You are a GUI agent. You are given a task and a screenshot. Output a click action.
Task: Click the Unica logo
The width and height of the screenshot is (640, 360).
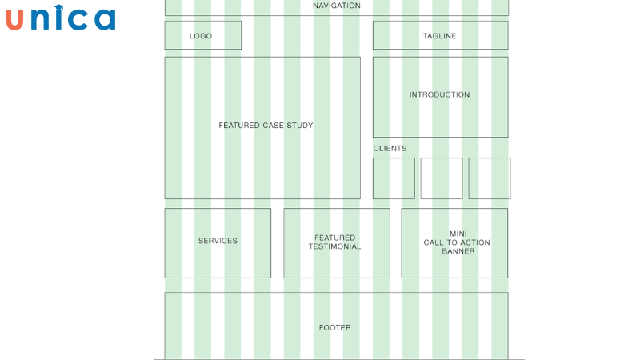click(60, 18)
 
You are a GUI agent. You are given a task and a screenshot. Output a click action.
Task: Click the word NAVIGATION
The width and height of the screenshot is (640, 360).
click(336, 6)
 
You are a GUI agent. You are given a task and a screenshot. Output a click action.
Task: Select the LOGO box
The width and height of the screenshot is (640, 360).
click(202, 35)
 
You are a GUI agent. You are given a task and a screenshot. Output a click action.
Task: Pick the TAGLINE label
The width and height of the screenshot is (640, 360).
click(439, 36)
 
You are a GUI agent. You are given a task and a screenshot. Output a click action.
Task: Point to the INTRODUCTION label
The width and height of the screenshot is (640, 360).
click(439, 94)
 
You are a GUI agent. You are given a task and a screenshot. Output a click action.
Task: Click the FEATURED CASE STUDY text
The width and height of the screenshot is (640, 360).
click(266, 126)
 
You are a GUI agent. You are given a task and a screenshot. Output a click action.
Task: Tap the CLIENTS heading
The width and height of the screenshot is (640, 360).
click(390, 149)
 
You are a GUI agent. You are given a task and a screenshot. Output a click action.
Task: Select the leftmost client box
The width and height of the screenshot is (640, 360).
click(394, 178)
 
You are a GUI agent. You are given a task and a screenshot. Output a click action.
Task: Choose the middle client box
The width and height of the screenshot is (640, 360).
click(442, 178)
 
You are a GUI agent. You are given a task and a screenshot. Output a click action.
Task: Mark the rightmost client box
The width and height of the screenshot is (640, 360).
click(490, 178)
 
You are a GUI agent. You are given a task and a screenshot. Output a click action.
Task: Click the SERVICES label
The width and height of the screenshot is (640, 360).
click(218, 241)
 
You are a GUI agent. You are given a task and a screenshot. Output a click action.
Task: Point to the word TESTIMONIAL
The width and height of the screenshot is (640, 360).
click(335, 246)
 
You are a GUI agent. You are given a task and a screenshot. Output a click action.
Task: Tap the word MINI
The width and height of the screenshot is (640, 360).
click(458, 234)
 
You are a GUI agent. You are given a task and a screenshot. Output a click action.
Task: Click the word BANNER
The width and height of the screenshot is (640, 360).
click(458, 251)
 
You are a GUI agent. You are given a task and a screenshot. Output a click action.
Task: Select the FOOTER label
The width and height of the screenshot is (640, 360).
click(335, 327)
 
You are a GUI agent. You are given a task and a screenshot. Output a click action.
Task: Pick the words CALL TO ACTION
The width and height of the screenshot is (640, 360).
click(457, 242)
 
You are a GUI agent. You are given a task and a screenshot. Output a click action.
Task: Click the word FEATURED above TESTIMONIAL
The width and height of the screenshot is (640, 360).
click(335, 238)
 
